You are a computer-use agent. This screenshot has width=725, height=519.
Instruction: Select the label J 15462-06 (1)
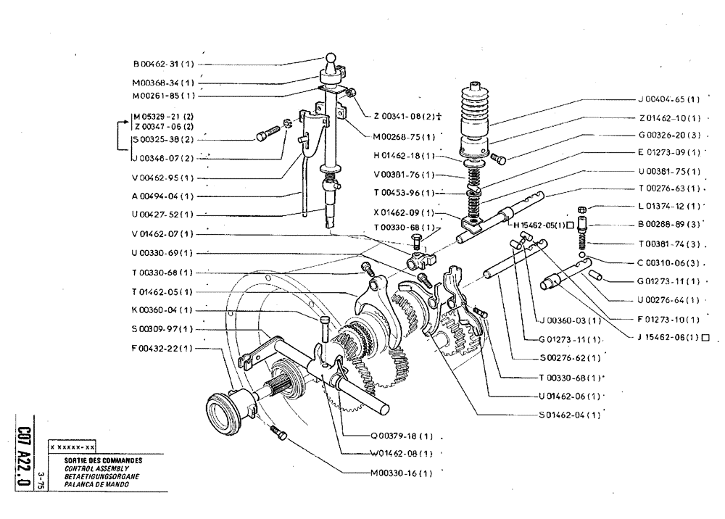coord(668,337)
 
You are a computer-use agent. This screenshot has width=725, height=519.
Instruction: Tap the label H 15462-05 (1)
coord(544,225)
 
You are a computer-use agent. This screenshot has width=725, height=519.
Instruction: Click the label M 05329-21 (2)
coord(162,116)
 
